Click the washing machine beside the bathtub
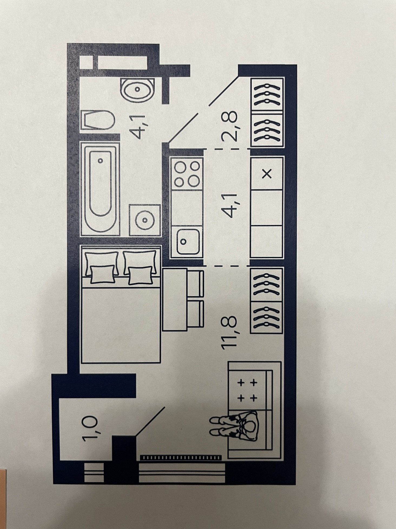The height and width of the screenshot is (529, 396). [145, 220]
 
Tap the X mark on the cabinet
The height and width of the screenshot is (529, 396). [267, 173]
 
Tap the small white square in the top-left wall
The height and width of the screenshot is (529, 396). [87, 62]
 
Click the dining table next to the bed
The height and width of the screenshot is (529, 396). [176, 299]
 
